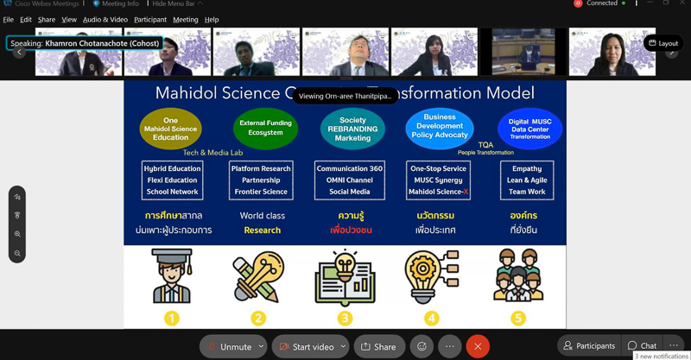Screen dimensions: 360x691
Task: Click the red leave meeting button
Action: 478,346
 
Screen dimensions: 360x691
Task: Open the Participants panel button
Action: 589,345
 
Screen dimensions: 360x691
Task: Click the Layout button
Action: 662,43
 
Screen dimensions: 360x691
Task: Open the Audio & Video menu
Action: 105,19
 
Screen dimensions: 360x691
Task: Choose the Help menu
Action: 212,19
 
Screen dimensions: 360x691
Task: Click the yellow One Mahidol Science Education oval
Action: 170,129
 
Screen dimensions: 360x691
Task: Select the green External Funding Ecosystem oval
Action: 265,129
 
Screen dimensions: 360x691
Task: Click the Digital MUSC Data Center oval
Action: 529,129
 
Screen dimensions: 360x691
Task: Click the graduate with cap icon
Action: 171,277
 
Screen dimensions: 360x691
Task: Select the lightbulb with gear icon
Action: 429,277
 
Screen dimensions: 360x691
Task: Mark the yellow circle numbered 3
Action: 345,318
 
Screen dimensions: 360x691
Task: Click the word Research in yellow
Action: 262,231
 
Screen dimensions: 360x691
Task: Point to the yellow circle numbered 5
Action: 517,318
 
